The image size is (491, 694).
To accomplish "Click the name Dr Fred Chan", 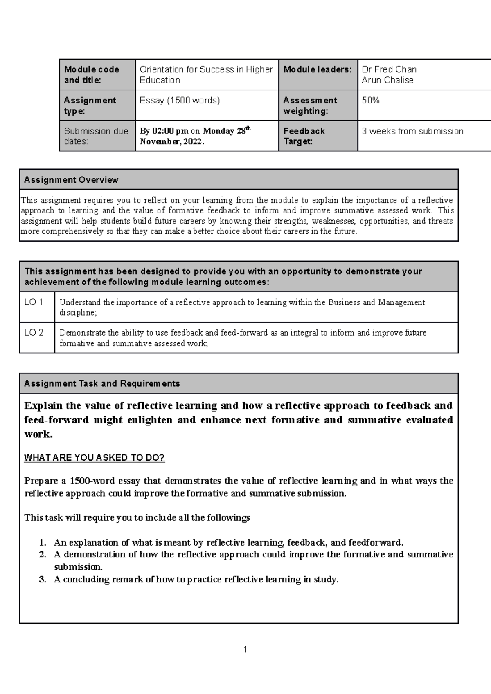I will click(x=389, y=69).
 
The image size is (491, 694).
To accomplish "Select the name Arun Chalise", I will click(x=387, y=80).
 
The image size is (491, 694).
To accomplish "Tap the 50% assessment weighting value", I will click(x=371, y=100).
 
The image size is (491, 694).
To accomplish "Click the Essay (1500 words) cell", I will click(x=180, y=100).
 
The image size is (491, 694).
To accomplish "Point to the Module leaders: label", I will click(x=318, y=69).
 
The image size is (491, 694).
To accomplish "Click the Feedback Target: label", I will click(x=304, y=136).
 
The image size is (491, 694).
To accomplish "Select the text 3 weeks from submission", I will click(x=412, y=131).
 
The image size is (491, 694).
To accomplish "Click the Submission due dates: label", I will click(x=96, y=136).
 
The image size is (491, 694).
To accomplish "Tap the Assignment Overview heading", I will click(x=71, y=180).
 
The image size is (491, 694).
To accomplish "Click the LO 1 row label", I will click(x=34, y=302).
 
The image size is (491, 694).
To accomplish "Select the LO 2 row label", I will click(x=34, y=332).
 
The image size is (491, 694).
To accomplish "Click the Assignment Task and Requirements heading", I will click(x=102, y=383).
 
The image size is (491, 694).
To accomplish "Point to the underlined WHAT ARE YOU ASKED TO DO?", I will click(x=95, y=458).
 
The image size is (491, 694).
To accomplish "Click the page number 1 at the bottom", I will click(x=245, y=649).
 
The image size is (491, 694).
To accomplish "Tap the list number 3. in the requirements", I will click(x=43, y=579).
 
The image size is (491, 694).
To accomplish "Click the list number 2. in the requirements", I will click(x=43, y=555).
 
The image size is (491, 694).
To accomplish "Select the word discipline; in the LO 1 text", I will click(x=78, y=313).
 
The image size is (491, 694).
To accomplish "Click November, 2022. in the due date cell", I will click(x=172, y=142).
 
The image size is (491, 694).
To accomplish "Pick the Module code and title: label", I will click(x=92, y=75).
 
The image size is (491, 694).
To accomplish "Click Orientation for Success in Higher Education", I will click(x=206, y=75).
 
